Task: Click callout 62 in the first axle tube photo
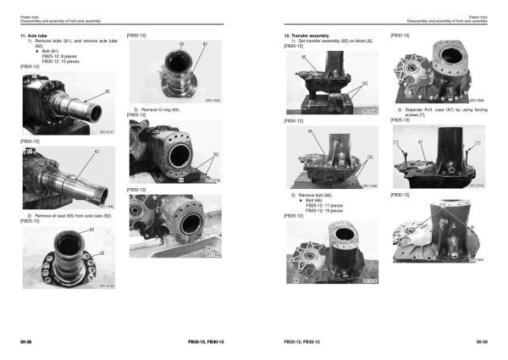tap(108, 91)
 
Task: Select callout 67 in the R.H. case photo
tap(420, 142)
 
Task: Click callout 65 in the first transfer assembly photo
tap(303, 57)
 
